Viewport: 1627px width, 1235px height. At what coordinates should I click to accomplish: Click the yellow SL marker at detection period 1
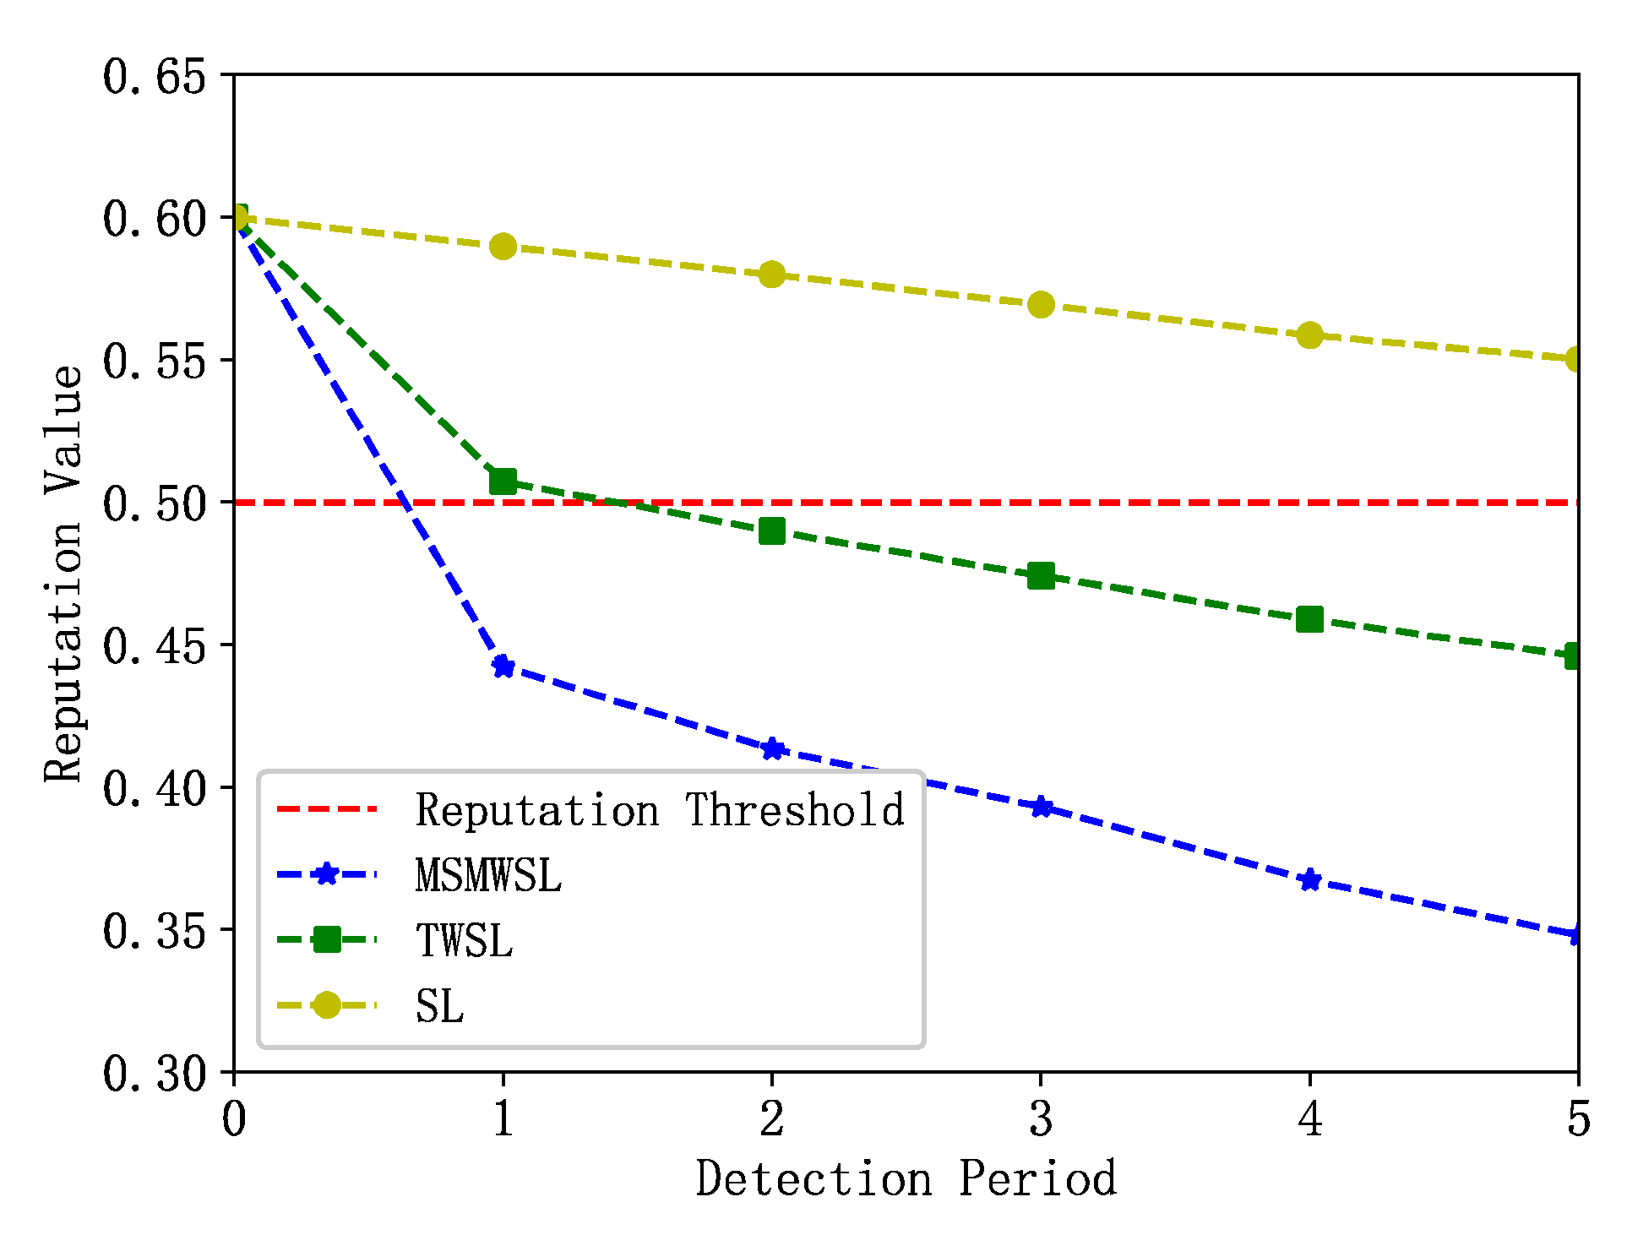(503, 247)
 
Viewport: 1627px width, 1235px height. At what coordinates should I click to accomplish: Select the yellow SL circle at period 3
(1041, 304)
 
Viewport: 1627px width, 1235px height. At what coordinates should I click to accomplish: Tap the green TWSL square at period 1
(503, 481)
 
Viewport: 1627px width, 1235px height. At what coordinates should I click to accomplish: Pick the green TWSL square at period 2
(771, 531)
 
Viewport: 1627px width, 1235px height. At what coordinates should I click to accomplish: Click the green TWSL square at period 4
(1309, 619)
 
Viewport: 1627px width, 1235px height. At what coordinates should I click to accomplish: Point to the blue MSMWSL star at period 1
(503, 666)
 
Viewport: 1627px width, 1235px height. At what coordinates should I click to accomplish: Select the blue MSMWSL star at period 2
(771, 749)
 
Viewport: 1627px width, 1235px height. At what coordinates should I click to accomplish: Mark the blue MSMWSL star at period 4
(1309, 880)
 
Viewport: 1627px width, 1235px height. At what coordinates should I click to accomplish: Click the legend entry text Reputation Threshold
(660, 810)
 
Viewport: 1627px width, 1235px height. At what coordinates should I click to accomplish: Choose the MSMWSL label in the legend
(488, 875)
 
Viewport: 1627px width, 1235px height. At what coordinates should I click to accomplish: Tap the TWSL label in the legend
(464, 940)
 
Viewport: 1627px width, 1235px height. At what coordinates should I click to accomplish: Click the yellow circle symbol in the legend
(326, 1005)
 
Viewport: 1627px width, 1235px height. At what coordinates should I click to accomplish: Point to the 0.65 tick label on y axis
(155, 77)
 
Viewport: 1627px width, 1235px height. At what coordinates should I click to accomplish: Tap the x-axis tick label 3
(1041, 1119)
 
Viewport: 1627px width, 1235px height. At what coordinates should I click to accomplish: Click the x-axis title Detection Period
(906, 1179)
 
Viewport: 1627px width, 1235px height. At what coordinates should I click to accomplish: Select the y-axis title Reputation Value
(63, 574)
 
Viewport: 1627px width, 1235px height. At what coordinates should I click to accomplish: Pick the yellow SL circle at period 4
(1309, 335)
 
